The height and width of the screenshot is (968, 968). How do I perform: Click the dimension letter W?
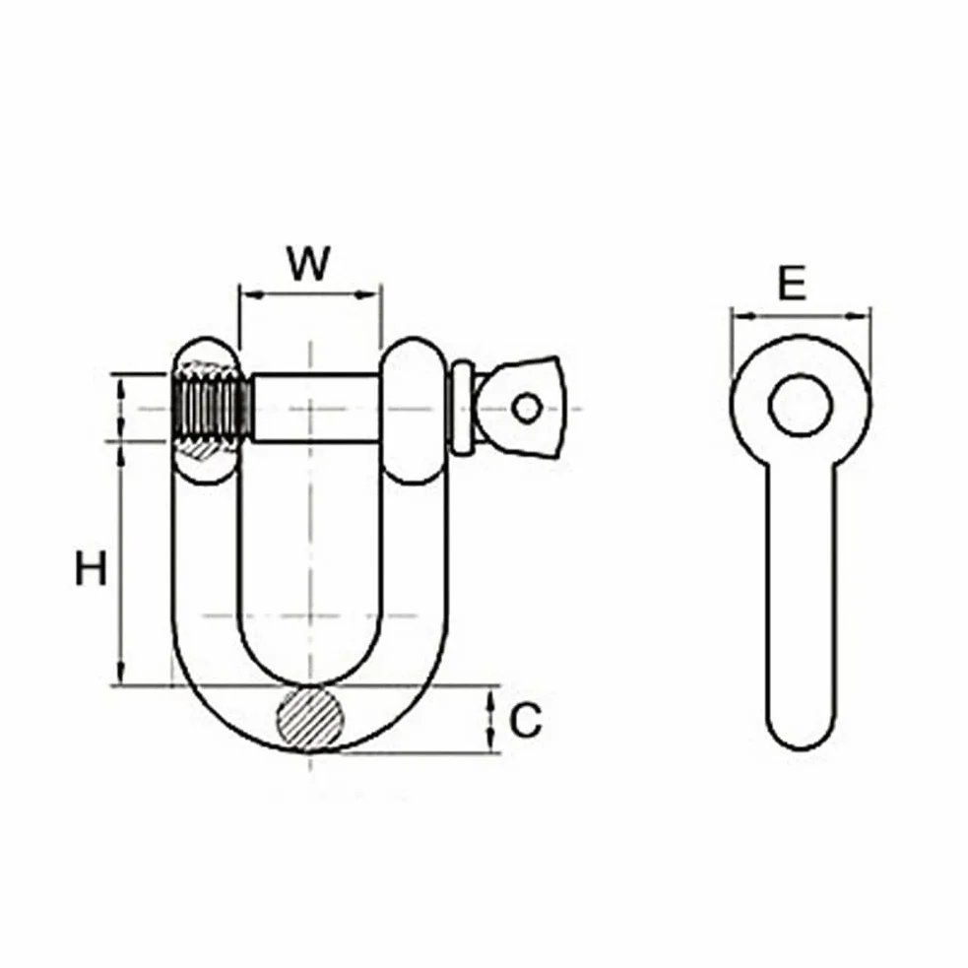[x=309, y=264]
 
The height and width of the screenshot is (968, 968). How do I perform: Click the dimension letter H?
[x=91, y=568]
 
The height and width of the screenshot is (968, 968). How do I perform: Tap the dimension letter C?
[x=526, y=720]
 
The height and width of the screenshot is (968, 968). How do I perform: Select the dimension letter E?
[x=792, y=283]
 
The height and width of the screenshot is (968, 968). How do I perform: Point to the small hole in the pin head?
[x=527, y=408]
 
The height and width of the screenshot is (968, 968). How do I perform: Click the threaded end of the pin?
[x=213, y=408]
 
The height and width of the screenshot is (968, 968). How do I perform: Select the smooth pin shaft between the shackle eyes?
[x=315, y=408]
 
